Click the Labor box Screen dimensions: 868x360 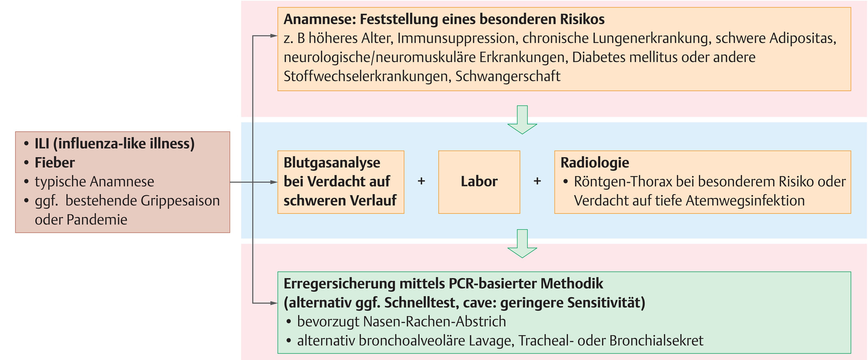click(x=479, y=182)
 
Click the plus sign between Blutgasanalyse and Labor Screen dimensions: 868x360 click(x=421, y=181)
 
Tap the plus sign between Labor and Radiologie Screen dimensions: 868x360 click(x=537, y=181)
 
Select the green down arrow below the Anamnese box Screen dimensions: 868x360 click(x=522, y=120)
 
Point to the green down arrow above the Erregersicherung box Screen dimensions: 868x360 click(x=522, y=243)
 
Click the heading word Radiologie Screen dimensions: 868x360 click(x=595, y=162)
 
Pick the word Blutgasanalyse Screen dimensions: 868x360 click(x=332, y=162)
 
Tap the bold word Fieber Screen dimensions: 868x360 click(x=55, y=162)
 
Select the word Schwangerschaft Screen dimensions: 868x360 click(x=508, y=76)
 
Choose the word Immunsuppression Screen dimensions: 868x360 click(x=456, y=39)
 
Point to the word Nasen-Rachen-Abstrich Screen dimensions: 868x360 click(x=434, y=321)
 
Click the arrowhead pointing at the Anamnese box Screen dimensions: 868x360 click(x=274, y=36)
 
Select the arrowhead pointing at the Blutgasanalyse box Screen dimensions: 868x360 click(x=274, y=182)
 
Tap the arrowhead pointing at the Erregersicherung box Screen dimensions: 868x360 click(x=274, y=303)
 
